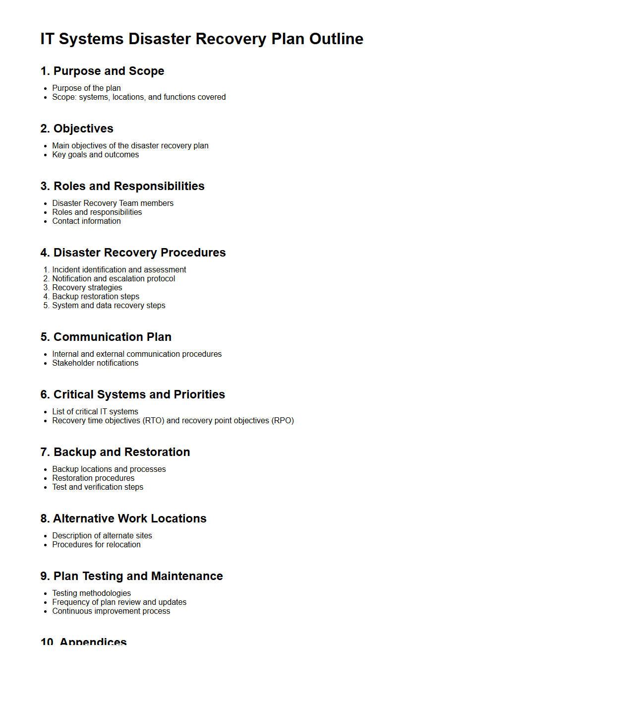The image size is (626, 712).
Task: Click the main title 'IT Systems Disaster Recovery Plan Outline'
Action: click(x=202, y=39)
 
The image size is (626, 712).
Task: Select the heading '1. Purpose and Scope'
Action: click(x=102, y=71)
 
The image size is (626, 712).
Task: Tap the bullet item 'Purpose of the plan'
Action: click(x=86, y=88)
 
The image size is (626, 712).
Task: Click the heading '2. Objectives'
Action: click(x=77, y=129)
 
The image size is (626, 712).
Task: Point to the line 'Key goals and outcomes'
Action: click(x=95, y=154)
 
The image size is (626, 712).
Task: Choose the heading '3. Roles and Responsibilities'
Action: click(x=122, y=186)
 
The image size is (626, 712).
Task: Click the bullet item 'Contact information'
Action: click(x=86, y=221)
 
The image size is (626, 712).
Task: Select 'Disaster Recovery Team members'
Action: click(x=113, y=203)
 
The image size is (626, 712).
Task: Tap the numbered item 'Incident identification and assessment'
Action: click(x=119, y=269)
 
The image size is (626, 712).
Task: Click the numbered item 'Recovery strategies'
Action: click(x=87, y=287)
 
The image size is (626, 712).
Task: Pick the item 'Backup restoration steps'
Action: click(x=96, y=296)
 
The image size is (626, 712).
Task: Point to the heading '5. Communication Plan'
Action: click(x=106, y=337)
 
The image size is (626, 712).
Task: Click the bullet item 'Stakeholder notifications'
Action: click(x=95, y=363)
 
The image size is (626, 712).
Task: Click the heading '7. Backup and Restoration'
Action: click(x=115, y=452)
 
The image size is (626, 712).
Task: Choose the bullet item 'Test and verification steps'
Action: click(x=98, y=487)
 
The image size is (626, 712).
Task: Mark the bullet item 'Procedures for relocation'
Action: click(x=96, y=544)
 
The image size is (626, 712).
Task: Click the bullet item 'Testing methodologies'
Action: click(x=91, y=593)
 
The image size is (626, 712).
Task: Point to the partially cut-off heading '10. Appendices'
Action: click(x=83, y=641)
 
